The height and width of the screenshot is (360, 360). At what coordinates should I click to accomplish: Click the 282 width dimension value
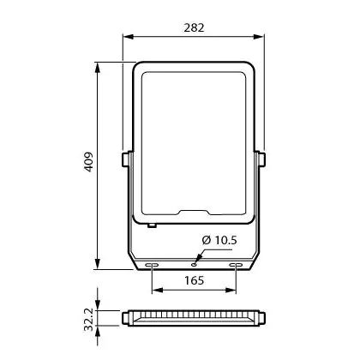click(194, 27)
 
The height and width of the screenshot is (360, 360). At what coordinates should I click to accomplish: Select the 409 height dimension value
click(88, 162)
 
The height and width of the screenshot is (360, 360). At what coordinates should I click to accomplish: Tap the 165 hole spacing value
click(194, 280)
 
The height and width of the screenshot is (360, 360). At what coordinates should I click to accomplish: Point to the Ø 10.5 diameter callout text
click(219, 240)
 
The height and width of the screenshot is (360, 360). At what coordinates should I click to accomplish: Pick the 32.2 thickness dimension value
click(88, 319)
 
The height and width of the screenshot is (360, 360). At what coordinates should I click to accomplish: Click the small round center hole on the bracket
click(195, 265)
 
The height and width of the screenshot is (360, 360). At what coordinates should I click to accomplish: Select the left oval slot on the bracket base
click(152, 265)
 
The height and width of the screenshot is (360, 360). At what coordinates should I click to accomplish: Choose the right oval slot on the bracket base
click(236, 265)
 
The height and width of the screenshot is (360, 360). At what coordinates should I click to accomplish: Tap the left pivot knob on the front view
click(126, 159)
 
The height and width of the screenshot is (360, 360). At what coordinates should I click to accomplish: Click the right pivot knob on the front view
click(261, 159)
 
